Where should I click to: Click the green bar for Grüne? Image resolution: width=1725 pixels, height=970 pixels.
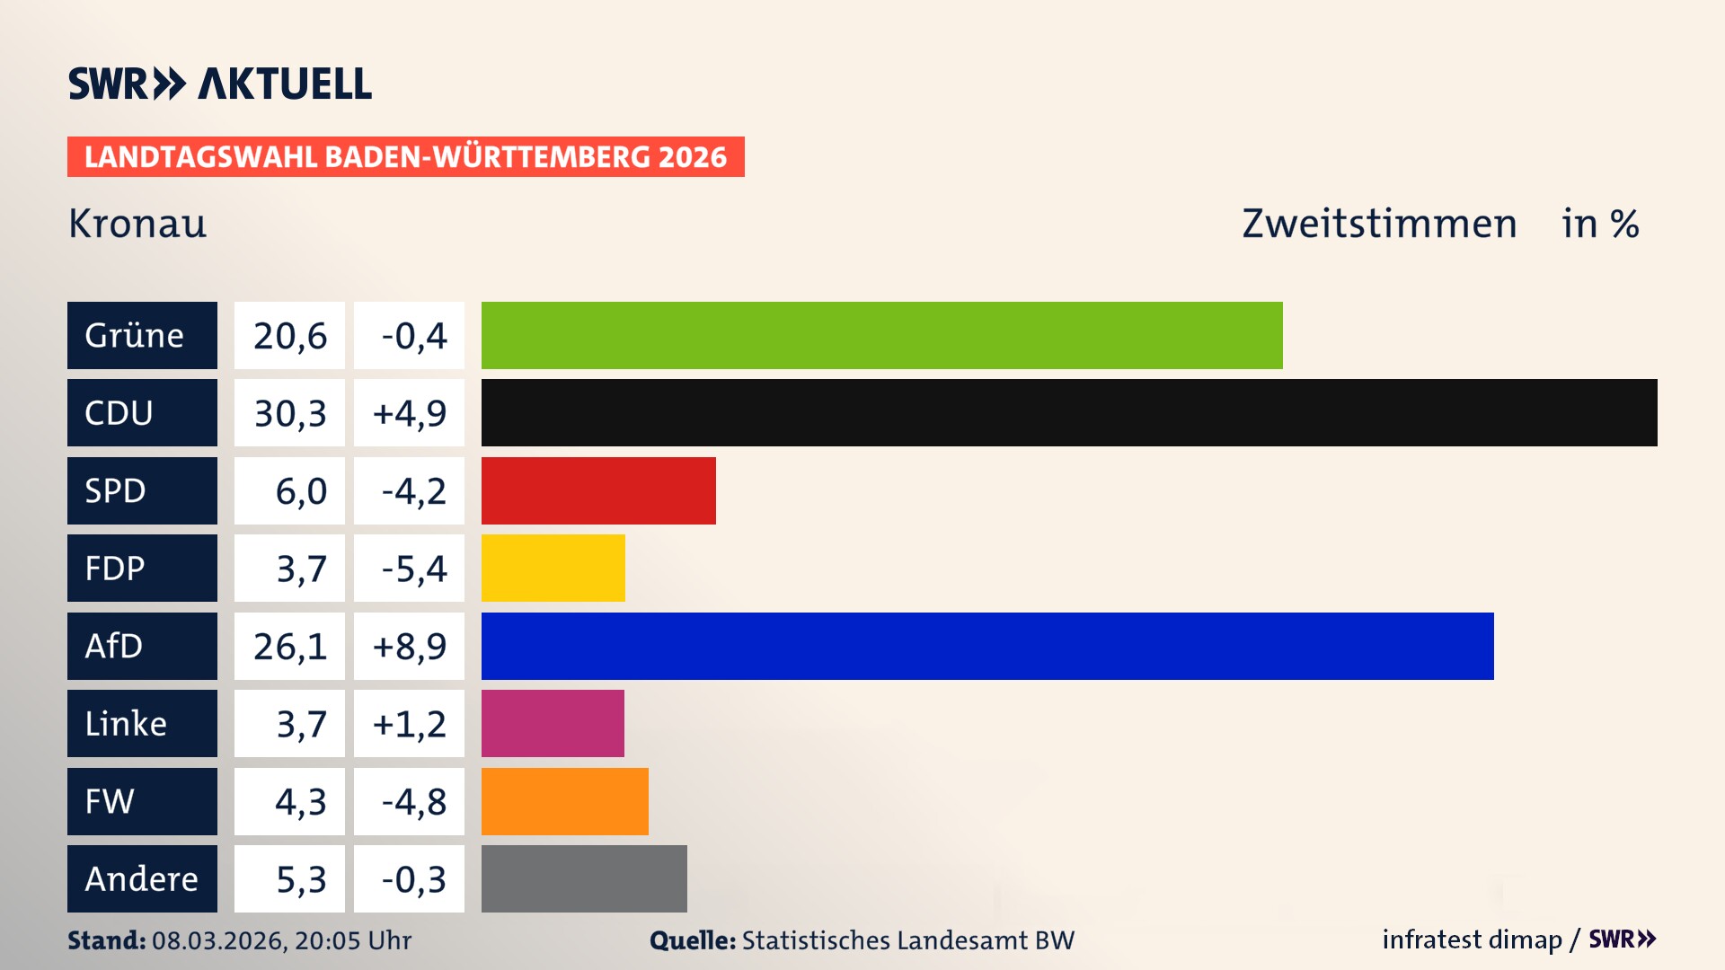pos(881,335)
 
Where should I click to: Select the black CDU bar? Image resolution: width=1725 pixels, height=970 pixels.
pos(1069,412)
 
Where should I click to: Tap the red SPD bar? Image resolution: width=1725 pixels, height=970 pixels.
pos(598,490)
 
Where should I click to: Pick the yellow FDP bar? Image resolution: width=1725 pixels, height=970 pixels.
pos(553,568)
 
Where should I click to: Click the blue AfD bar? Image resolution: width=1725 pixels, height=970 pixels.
pos(987,646)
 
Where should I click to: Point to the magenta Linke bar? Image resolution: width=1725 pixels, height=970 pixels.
pos(553,723)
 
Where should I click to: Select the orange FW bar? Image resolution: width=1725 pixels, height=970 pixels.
pos(564,801)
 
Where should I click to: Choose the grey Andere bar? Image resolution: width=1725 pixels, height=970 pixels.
pos(584,878)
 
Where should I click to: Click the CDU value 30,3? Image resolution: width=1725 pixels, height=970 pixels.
pos(289,413)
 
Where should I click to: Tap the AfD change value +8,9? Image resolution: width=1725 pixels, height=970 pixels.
pos(410,647)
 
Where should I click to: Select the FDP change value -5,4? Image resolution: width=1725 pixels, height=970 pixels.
pos(413,569)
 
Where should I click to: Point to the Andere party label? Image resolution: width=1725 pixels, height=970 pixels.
pos(142,878)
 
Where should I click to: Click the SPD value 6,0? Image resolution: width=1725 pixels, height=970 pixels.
pos(300,491)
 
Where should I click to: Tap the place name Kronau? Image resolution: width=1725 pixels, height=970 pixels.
pos(137,224)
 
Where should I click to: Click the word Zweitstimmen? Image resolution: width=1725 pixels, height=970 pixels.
pos(1379,224)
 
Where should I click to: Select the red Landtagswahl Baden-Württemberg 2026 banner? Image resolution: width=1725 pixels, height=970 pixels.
pos(405,157)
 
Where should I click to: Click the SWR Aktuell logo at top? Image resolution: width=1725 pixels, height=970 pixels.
pos(220,84)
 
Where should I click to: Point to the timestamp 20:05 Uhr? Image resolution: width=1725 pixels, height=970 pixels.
pos(353,940)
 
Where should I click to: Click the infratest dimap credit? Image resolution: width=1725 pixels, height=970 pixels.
pos(1472,939)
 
